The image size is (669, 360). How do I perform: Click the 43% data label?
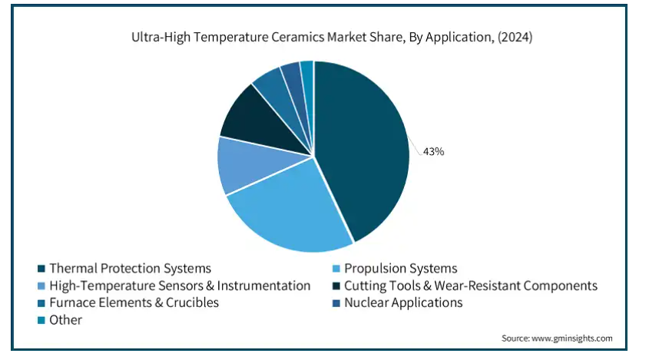point(433,151)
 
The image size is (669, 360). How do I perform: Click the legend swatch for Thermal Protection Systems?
point(41,269)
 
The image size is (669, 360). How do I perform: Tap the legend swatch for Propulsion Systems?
point(336,269)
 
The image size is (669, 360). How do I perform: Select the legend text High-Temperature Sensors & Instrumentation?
point(180,286)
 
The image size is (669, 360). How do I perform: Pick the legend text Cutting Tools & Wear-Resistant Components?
point(471,286)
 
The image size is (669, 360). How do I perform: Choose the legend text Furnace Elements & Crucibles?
point(134,303)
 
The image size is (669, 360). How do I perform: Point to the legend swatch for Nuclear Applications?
point(336,303)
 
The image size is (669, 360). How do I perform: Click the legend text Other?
point(65,320)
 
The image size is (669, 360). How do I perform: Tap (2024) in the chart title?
point(515,37)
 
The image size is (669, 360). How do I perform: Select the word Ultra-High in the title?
point(161,37)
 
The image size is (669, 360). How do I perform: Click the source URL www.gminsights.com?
point(572,339)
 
